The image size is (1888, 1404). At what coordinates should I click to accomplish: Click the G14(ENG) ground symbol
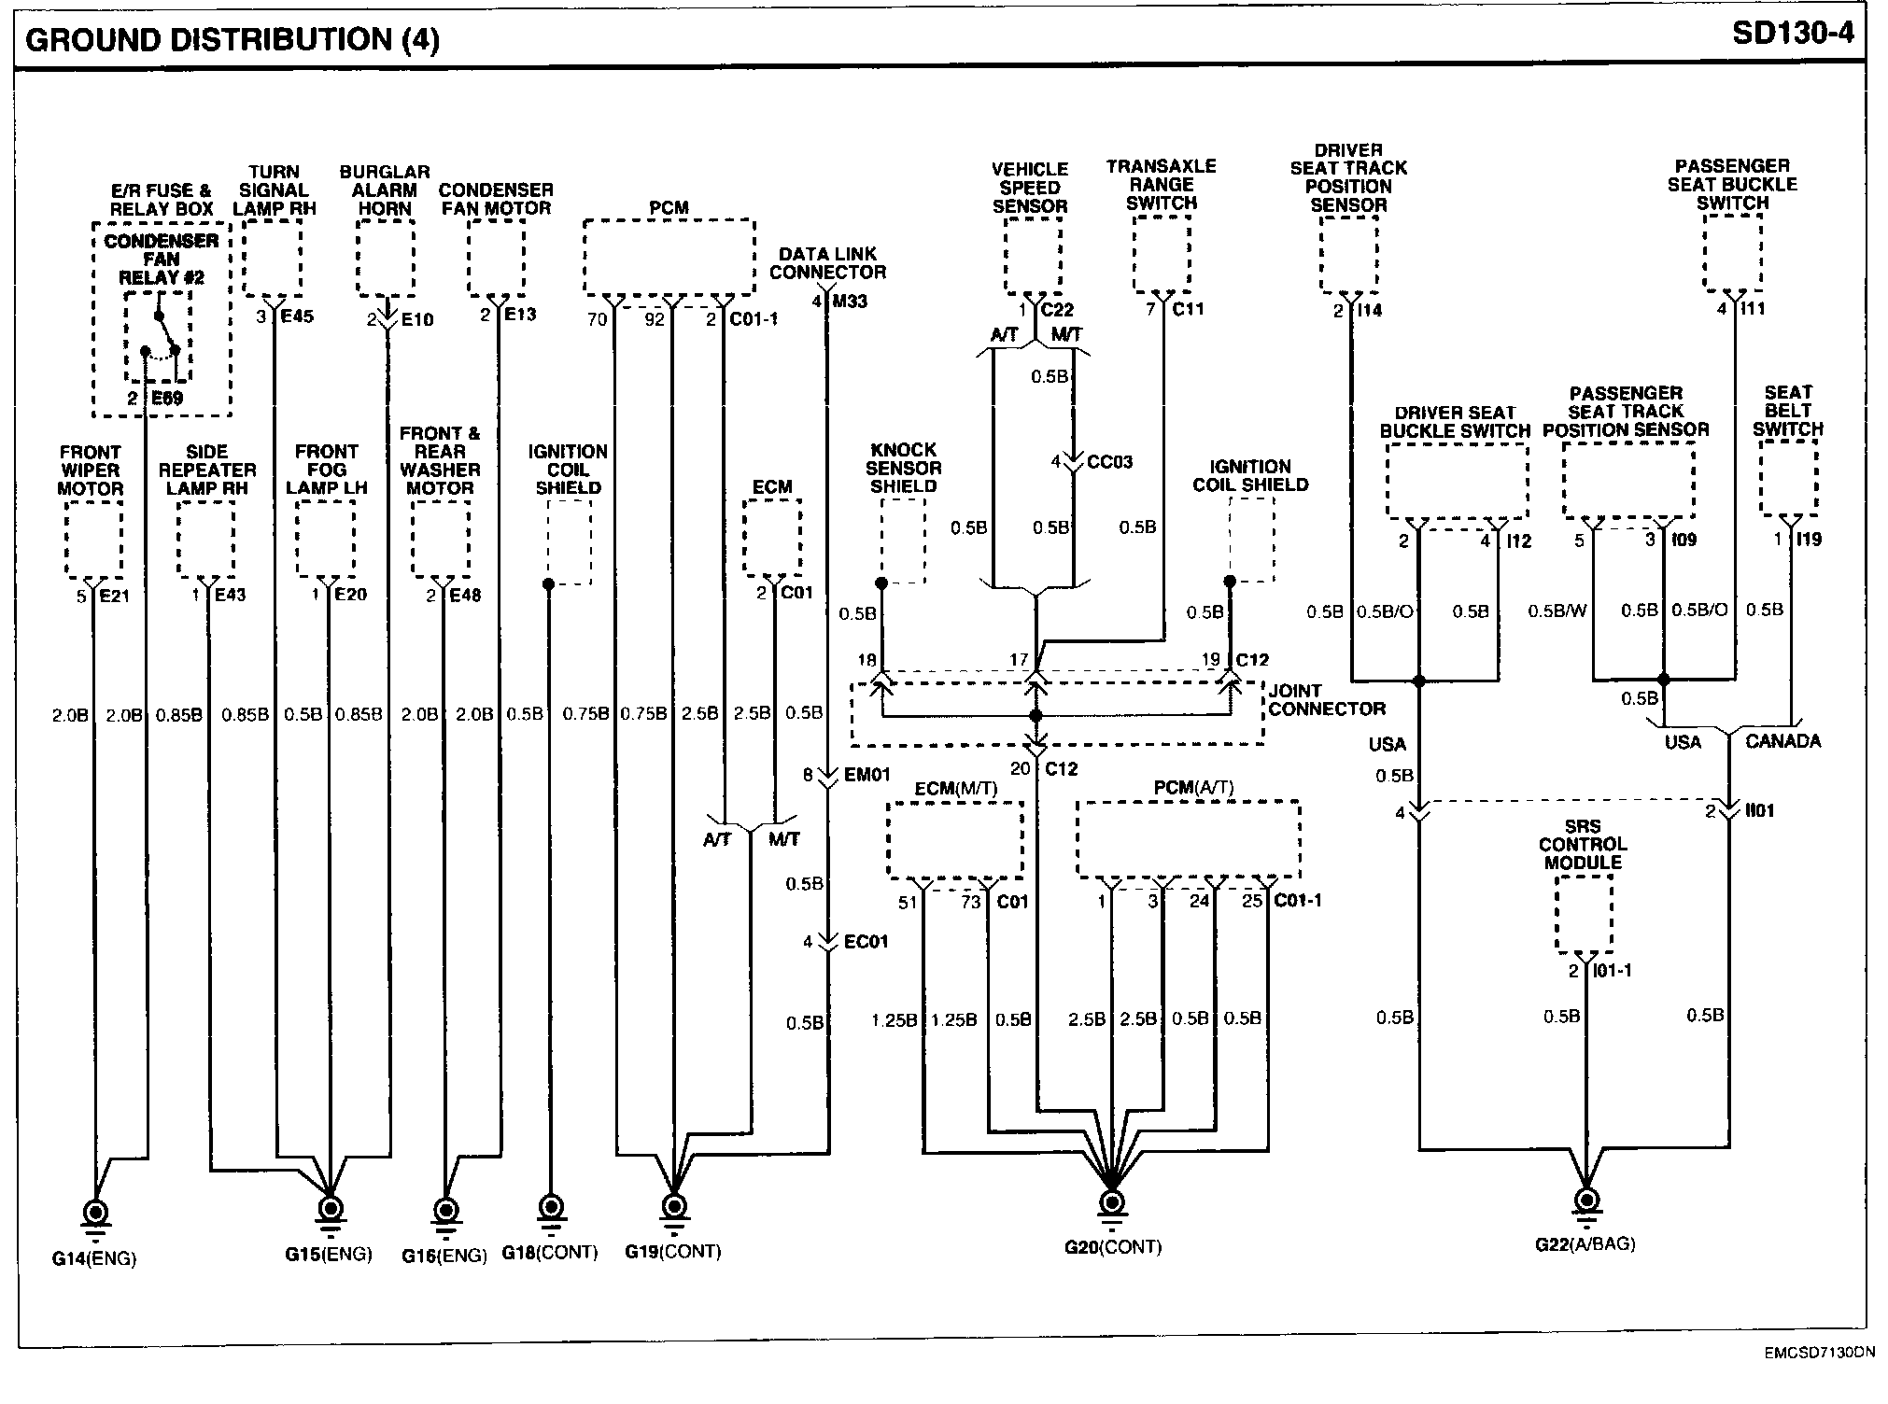click(95, 1212)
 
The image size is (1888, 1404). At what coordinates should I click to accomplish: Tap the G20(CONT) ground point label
click(1113, 1247)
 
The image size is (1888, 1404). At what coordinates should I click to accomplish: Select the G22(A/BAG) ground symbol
click(1585, 1201)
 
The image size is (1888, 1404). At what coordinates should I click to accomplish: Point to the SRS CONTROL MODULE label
click(1583, 845)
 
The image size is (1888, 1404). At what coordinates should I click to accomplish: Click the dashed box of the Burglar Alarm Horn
click(386, 258)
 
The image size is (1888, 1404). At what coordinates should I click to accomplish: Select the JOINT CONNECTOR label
click(1326, 700)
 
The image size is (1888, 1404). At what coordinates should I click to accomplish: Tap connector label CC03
click(1109, 462)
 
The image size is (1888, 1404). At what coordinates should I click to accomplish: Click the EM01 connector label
click(867, 775)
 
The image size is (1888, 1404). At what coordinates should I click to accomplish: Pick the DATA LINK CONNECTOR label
click(827, 263)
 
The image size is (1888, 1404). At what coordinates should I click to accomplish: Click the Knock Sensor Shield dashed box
click(903, 541)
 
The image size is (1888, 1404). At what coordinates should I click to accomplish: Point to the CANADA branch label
click(1782, 742)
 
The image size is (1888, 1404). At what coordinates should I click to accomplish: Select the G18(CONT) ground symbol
click(550, 1207)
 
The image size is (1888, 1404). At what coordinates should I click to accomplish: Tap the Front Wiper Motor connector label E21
click(114, 596)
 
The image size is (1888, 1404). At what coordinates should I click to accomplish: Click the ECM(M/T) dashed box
click(954, 839)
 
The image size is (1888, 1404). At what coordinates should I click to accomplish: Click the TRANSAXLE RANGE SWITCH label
click(1161, 185)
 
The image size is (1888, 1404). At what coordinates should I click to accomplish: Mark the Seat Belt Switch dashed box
click(1788, 477)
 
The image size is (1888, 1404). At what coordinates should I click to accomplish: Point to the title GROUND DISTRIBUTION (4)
click(232, 39)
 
